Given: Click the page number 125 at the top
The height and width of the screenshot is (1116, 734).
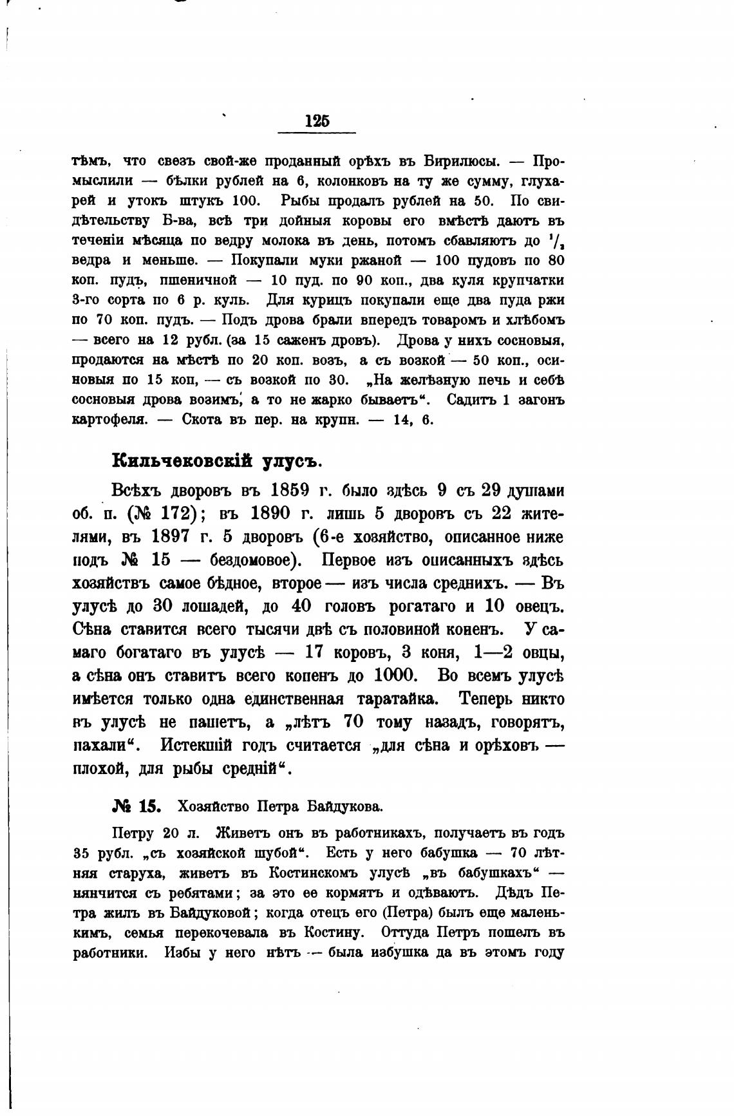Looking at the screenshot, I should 317,120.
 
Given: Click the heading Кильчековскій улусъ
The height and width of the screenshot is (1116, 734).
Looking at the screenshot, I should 216,461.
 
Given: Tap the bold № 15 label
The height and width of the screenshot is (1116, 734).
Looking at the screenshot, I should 136,806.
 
